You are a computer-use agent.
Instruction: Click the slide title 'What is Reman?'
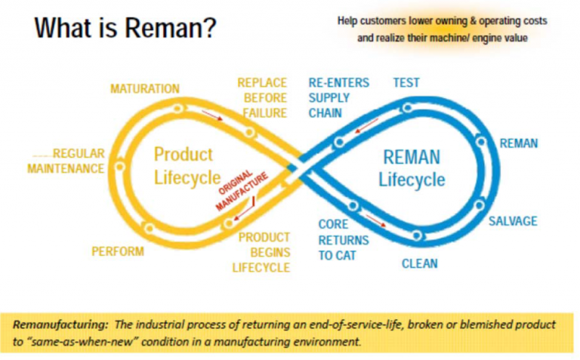(x=125, y=29)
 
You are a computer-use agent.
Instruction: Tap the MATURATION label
(x=145, y=89)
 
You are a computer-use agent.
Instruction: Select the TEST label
(x=406, y=83)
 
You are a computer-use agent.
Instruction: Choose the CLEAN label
(x=419, y=264)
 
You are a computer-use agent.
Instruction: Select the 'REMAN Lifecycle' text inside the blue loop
(x=412, y=168)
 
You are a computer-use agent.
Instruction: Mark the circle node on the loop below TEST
(x=407, y=108)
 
